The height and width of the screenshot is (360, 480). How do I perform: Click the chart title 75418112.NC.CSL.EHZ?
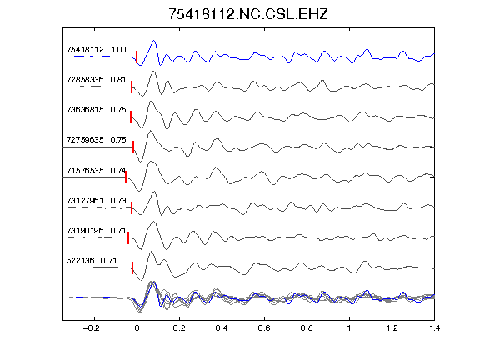pos(248,14)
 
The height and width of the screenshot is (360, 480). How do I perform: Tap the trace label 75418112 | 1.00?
pos(96,50)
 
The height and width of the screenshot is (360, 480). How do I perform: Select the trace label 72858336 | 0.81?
pos(96,80)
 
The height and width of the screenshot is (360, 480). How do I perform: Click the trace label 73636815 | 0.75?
pos(96,110)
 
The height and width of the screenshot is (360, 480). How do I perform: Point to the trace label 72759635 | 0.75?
pos(96,140)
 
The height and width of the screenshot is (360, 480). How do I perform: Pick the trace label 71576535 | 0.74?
pos(96,170)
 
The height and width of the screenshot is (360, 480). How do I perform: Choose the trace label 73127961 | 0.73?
pos(96,200)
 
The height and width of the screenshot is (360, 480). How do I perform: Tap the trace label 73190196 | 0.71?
pos(96,230)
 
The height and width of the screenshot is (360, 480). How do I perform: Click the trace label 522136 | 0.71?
pos(92,261)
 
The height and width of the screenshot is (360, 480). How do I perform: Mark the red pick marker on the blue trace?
pos(137,57)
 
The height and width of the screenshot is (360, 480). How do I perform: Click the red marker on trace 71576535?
pos(126,177)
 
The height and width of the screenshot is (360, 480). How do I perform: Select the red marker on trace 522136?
pos(132,267)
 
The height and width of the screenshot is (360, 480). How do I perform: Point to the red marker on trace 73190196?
pos(128,237)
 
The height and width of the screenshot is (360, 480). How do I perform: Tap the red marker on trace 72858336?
pos(132,87)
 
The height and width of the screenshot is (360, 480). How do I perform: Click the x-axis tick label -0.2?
pos(91,328)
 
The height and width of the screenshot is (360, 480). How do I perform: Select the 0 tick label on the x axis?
pos(137,328)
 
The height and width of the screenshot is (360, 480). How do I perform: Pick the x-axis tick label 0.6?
pos(264,328)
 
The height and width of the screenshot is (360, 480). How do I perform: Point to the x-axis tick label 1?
pos(349,328)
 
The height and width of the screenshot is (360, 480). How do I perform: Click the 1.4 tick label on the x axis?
pos(434,328)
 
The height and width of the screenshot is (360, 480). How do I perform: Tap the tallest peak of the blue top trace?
pos(154,40)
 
